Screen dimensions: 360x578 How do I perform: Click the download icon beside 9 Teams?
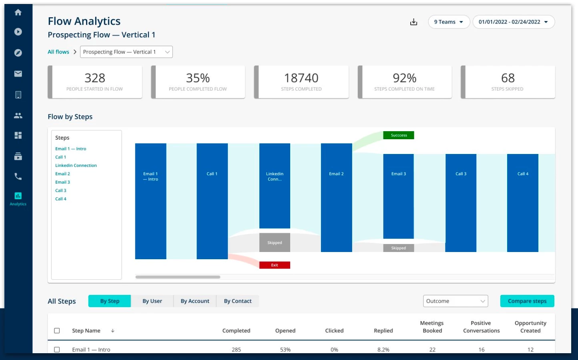click(413, 22)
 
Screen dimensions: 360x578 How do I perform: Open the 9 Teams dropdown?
click(449, 22)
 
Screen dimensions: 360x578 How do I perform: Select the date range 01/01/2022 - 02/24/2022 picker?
click(514, 22)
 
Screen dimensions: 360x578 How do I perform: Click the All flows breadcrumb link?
click(58, 52)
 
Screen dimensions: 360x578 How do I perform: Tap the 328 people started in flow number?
click(95, 78)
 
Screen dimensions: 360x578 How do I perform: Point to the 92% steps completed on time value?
click(404, 78)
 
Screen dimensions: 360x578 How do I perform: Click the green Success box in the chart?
click(399, 135)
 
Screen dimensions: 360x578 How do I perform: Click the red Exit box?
click(275, 265)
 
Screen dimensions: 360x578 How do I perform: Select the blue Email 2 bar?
click(336, 198)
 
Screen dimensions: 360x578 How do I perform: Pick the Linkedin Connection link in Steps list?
click(76, 166)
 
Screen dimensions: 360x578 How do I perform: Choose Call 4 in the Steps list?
click(61, 199)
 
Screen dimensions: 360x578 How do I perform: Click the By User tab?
click(152, 301)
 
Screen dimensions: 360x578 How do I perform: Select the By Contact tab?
click(238, 301)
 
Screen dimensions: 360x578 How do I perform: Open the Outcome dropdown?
click(456, 301)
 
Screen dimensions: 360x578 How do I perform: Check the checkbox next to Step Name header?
click(57, 331)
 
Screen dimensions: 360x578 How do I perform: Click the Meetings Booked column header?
click(432, 327)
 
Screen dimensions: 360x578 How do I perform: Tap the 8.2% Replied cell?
click(383, 350)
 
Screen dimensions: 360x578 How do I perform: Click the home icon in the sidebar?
click(18, 12)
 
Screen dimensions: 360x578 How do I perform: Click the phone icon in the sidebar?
click(18, 176)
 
